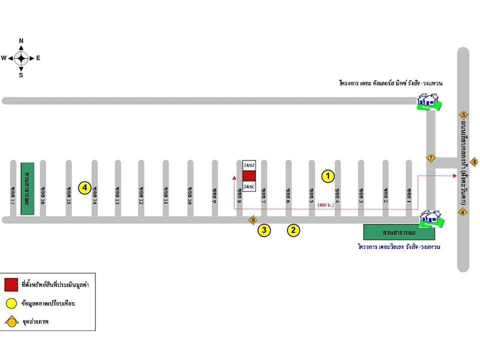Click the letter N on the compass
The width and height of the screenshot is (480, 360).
pyautogui.click(x=21, y=40)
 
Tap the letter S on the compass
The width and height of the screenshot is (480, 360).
pyautogui.click(x=21, y=75)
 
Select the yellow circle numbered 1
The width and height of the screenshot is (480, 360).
pyautogui.click(x=327, y=175)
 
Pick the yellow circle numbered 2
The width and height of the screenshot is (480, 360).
pyautogui.click(x=293, y=230)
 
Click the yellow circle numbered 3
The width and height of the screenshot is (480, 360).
pyautogui.click(x=264, y=230)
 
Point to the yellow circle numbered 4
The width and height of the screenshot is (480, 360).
pyautogui.click(x=85, y=188)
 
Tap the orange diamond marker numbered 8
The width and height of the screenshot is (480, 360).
pyautogui.click(x=253, y=220)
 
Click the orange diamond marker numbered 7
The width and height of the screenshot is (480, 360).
pyautogui.click(x=430, y=158)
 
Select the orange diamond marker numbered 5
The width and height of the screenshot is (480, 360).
pyautogui.click(x=463, y=115)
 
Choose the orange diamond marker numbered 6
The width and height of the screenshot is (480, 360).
pyautogui.click(x=474, y=161)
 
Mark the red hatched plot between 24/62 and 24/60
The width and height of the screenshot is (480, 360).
pyautogui.click(x=249, y=175)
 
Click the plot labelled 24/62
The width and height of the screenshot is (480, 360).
pyautogui.click(x=249, y=164)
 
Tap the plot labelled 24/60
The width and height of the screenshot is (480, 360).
pyautogui.click(x=249, y=186)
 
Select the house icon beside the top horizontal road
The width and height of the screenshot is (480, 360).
pyautogui.click(x=427, y=102)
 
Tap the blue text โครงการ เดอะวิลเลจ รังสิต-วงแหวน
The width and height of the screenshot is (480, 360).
pyautogui.click(x=398, y=246)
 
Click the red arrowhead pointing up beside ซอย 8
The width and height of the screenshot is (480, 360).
pyautogui.click(x=234, y=176)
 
